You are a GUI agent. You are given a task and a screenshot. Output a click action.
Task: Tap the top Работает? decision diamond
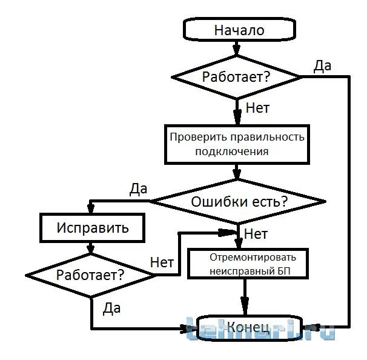[x=236, y=77]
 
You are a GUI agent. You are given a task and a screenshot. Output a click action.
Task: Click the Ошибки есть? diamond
[x=239, y=201]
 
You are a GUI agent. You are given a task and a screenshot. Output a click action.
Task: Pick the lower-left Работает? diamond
[x=91, y=274]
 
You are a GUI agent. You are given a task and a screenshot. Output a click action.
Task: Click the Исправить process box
[x=92, y=228]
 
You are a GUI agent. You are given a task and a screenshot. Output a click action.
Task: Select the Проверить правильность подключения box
[x=236, y=144]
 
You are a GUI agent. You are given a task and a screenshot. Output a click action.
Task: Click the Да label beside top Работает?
[x=322, y=66]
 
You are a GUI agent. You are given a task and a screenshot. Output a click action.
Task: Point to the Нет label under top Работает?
[x=257, y=109]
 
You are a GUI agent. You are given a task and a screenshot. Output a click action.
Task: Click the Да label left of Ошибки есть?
[x=138, y=188]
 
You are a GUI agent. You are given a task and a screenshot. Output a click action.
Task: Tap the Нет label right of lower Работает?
[x=162, y=262]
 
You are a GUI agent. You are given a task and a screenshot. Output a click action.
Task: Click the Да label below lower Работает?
[x=111, y=308]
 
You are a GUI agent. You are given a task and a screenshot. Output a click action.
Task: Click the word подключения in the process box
[x=231, y=152]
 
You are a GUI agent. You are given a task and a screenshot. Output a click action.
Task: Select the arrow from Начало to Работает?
[x=237, y=50]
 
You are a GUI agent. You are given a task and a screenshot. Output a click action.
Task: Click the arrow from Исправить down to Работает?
[x=91, y=247]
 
